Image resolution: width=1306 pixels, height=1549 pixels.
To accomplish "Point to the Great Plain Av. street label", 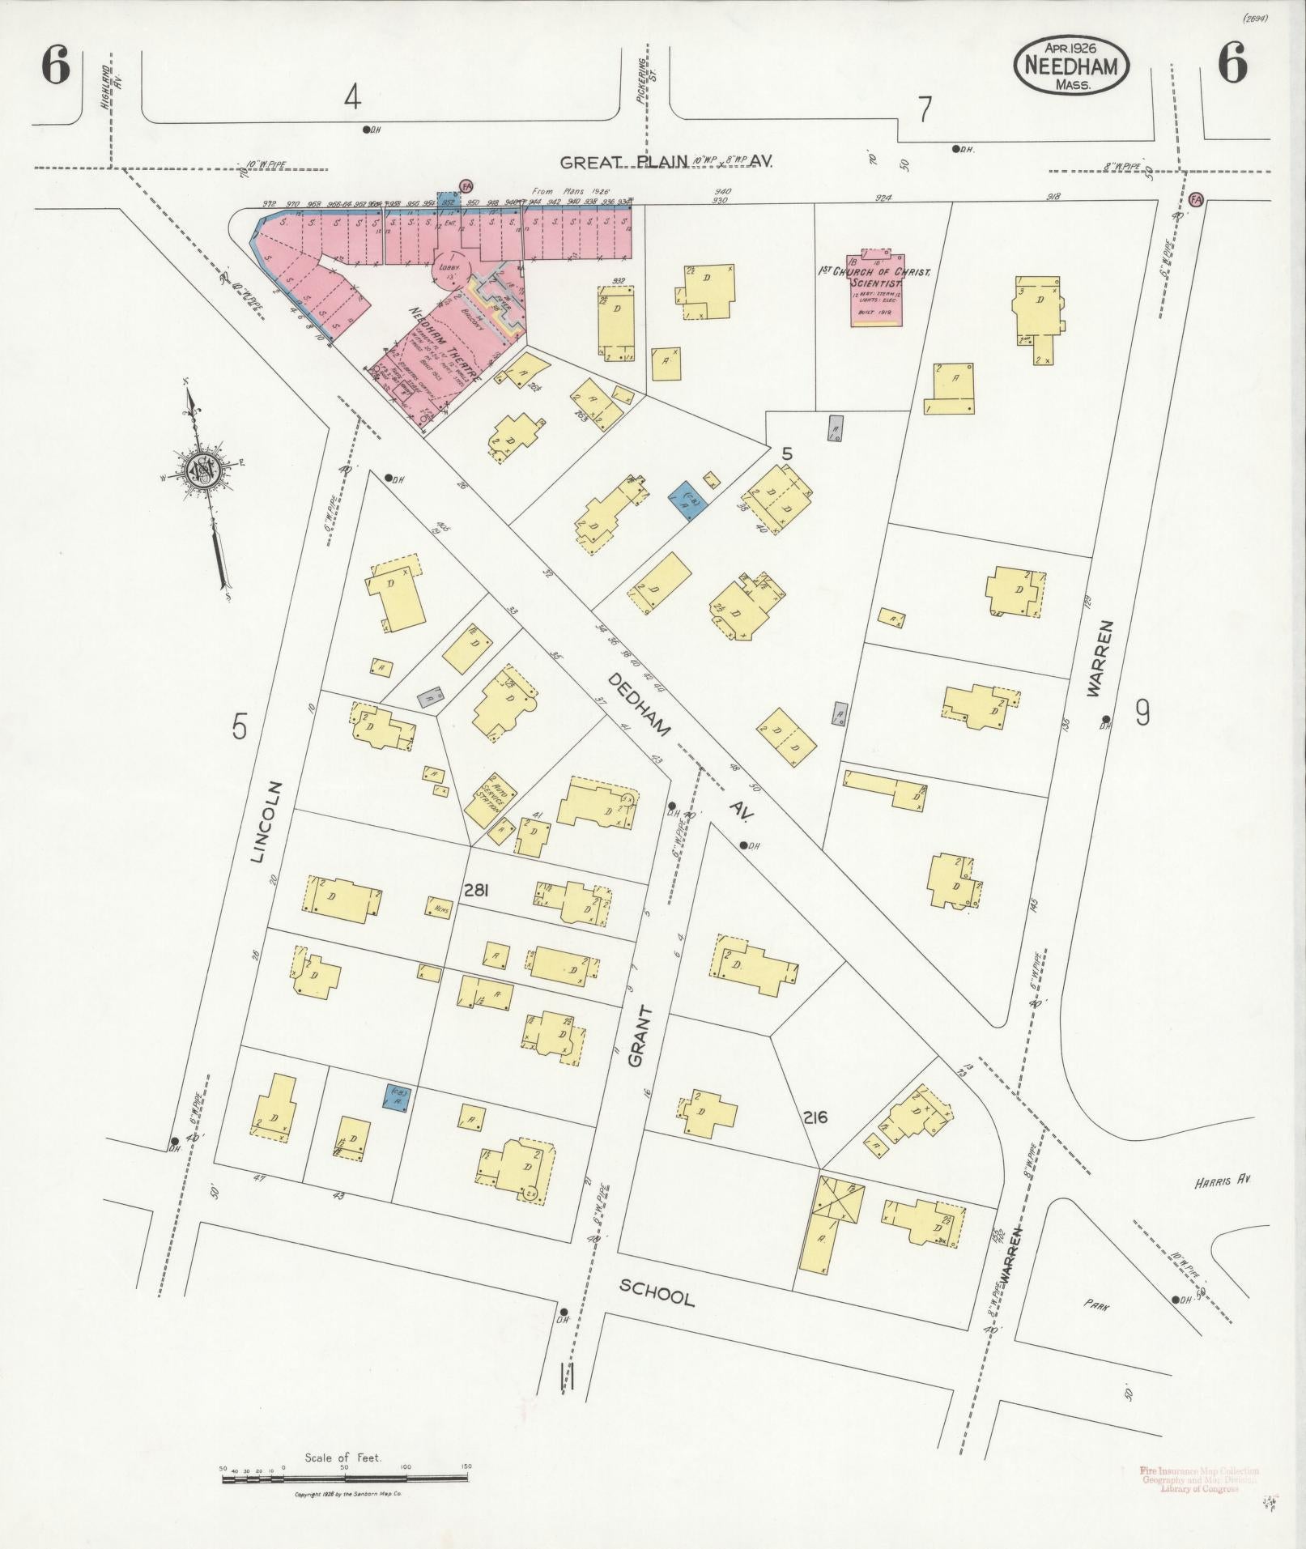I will [666, 161].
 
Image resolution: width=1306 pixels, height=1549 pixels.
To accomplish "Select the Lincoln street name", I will [270, 822].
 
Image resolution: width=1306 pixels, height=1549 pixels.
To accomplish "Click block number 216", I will [815, 1117].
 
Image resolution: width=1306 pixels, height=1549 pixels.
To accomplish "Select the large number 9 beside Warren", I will [1142, 713].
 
